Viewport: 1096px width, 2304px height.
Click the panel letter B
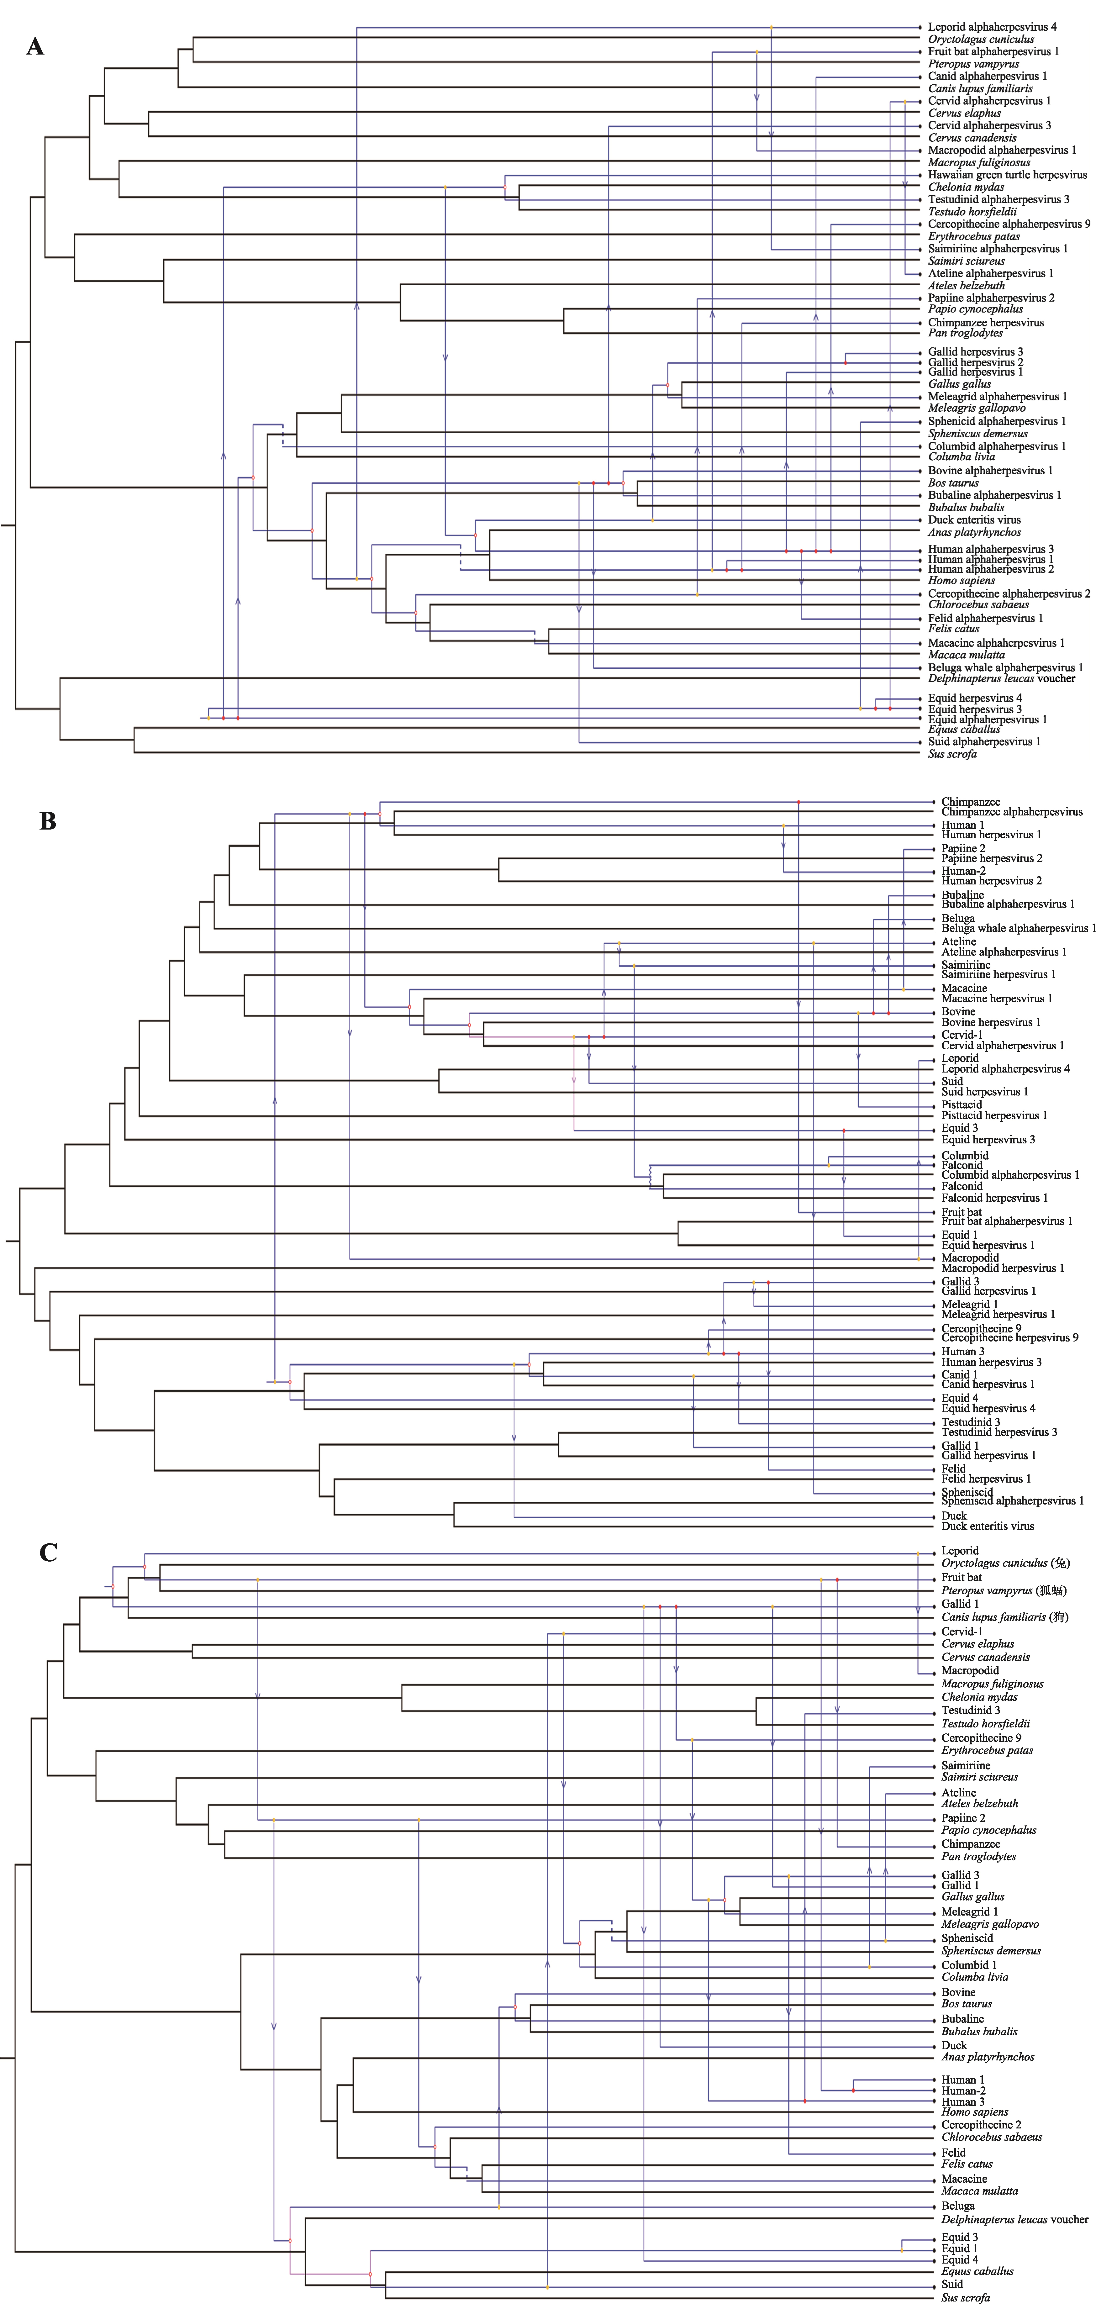pos(47,821)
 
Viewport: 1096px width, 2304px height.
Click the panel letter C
pos(48,1552)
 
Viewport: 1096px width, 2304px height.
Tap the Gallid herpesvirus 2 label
pos(975,362)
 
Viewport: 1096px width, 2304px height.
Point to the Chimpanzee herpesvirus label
pos(985,322)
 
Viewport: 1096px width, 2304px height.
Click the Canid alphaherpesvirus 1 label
pos(987,76)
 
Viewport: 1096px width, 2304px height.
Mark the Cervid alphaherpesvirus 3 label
pos(989,125)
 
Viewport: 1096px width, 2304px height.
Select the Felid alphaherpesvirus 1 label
pos(985,618)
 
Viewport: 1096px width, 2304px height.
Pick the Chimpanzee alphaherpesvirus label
pos(1011,812)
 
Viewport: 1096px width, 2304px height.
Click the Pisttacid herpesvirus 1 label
pos(993,1115)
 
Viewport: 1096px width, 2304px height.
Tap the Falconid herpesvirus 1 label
pos(994,1198)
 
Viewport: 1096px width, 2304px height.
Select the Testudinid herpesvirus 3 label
pos(999,1432)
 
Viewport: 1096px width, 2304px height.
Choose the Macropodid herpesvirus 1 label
pos(1002,1268)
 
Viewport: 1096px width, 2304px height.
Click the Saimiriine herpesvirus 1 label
pos(998,975)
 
